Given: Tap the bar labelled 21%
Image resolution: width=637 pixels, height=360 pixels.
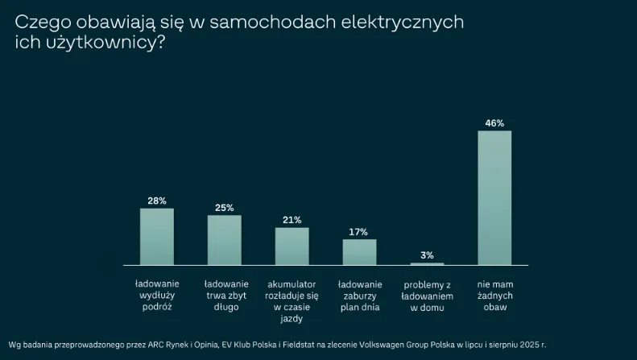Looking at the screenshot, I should click(292, 246).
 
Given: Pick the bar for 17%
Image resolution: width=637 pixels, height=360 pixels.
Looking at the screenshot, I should click(359, 251).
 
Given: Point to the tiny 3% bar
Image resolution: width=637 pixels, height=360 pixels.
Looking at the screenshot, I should click(427, 263).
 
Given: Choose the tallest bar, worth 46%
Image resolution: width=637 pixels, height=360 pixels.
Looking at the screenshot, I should click(494, 197).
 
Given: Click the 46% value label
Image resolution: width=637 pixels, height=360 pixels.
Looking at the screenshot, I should click(494, 123).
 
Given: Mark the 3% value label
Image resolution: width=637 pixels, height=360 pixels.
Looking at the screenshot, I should click(427, 255).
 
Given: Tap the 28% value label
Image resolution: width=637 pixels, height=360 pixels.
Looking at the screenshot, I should click(157, 201).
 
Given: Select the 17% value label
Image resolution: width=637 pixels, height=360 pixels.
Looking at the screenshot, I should click(359, 232).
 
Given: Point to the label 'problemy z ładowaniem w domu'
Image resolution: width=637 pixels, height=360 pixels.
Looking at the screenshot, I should click(427, 296).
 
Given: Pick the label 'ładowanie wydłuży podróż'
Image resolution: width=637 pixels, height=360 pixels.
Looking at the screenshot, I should click(157, 296).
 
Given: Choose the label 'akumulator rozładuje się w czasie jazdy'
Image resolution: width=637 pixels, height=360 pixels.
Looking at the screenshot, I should click(292, 302).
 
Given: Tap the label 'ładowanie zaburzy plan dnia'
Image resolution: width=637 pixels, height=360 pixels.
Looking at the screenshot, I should click(359, 296).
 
